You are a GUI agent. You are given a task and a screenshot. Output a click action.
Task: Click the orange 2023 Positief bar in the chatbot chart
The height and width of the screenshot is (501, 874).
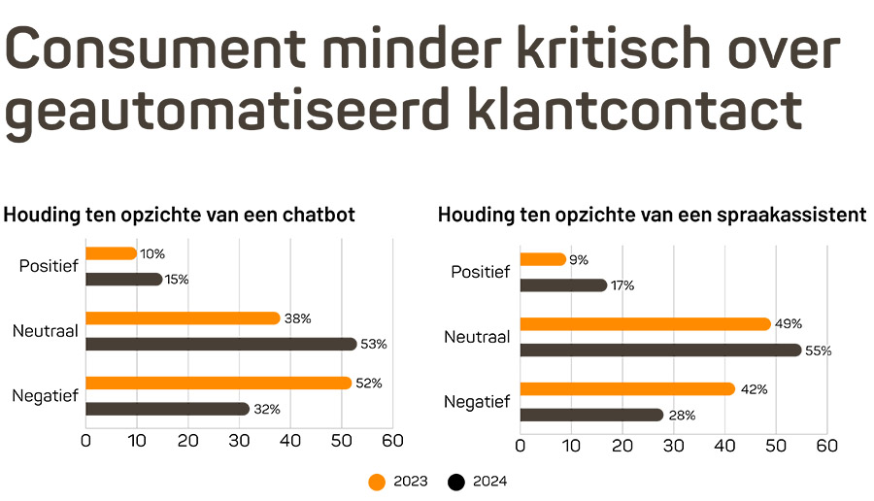[x=111, y=253]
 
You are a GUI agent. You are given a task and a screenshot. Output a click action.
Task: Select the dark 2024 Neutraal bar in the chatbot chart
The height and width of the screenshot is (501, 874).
[x=221, y=344]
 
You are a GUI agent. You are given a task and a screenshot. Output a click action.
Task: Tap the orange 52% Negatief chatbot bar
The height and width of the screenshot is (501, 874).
[x=218, y=383]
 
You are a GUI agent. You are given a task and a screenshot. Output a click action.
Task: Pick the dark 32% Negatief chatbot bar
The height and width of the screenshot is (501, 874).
[x=167, y=409]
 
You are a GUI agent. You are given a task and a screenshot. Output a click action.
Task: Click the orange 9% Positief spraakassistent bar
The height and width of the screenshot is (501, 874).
[x=543, y=259]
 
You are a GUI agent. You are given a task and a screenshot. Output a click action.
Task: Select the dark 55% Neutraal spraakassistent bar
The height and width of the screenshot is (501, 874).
[x=660, y=350]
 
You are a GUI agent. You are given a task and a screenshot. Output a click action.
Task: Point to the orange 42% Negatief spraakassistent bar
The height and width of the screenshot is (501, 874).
[x=627, y=389]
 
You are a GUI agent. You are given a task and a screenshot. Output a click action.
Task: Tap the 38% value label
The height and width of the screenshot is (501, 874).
[x=297, y=318]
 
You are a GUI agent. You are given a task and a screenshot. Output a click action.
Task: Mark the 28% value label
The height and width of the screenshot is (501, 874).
[x=683, y=416]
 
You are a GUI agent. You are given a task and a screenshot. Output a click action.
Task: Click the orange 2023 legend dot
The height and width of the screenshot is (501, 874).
[x=378, y=481]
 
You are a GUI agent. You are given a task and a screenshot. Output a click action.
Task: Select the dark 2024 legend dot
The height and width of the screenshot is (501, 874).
[x=456, y=481]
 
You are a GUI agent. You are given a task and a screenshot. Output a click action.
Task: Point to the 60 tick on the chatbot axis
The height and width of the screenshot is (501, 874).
[x=392, y=441]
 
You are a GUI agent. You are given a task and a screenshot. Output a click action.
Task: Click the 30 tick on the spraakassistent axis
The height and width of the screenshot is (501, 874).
[x=673, y=447]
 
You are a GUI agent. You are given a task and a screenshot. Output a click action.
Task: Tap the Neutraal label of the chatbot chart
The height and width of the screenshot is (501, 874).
[x=46, y=331]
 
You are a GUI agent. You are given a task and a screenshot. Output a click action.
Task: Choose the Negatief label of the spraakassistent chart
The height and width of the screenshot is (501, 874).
[x=477, y=402]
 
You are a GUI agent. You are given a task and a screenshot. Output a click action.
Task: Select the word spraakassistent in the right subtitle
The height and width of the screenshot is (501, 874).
[x=787, y=215]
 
